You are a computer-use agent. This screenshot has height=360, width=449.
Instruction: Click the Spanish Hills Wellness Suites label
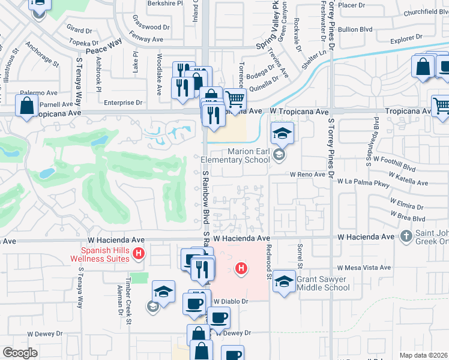pos(106,254)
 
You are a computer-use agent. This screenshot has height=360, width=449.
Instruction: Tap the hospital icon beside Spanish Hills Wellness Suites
pos(139,254)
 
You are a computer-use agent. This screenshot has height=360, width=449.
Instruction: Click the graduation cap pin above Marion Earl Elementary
pos(281,133)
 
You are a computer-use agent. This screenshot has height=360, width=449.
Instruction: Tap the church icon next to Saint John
pos(406,237)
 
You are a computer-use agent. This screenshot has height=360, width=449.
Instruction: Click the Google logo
pos(20,353)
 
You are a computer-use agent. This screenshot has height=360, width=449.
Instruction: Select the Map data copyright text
pos(423,355)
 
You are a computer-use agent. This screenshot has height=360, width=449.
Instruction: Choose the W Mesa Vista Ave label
pos(364,268)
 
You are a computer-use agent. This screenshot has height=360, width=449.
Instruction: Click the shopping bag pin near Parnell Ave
pos(28,108)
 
